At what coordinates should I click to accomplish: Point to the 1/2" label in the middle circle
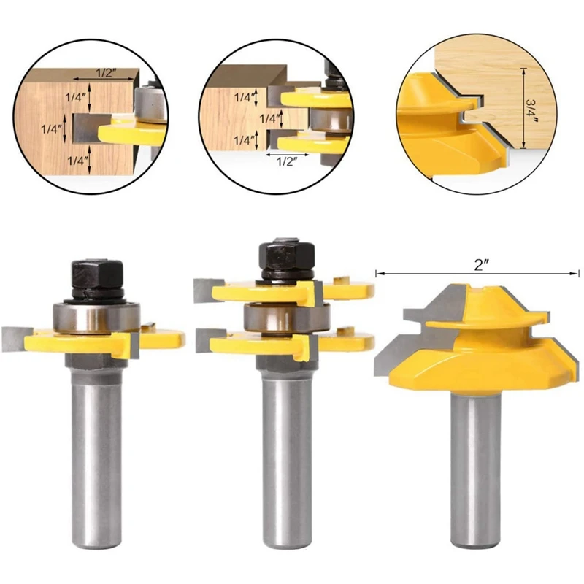coord(285,162)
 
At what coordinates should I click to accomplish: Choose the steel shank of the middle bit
coord(281,453)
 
